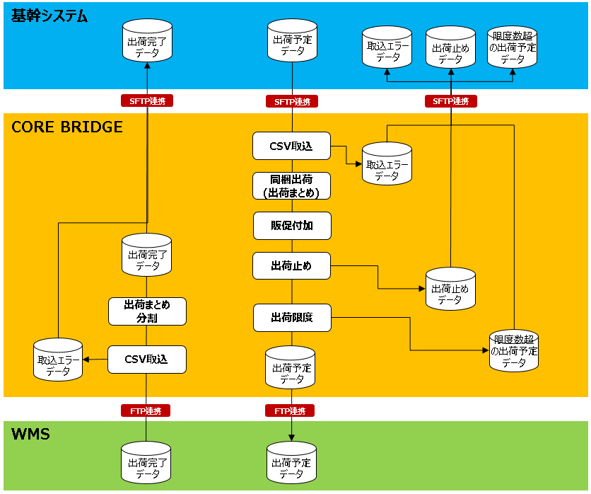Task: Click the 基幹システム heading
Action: [49, 16]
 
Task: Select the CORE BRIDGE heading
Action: [67, 127]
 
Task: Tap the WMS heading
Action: [30, 434]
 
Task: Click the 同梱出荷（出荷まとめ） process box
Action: [291, 185]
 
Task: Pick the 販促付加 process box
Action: [291, 226]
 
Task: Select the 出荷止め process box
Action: [291, 266]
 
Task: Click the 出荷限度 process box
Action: [291, 318]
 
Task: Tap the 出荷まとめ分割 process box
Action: [147, 311]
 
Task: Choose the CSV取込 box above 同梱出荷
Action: [291, 146]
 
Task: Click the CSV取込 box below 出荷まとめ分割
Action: [146, 360]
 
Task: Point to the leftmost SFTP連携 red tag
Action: [147, 101]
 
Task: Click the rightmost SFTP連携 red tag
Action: [451, 101]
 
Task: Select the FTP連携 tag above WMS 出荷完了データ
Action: [146, 410]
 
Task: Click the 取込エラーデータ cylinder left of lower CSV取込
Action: [58, 360]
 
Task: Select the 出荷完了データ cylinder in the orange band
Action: [147, 255]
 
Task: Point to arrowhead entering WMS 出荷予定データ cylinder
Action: [292, 439]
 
